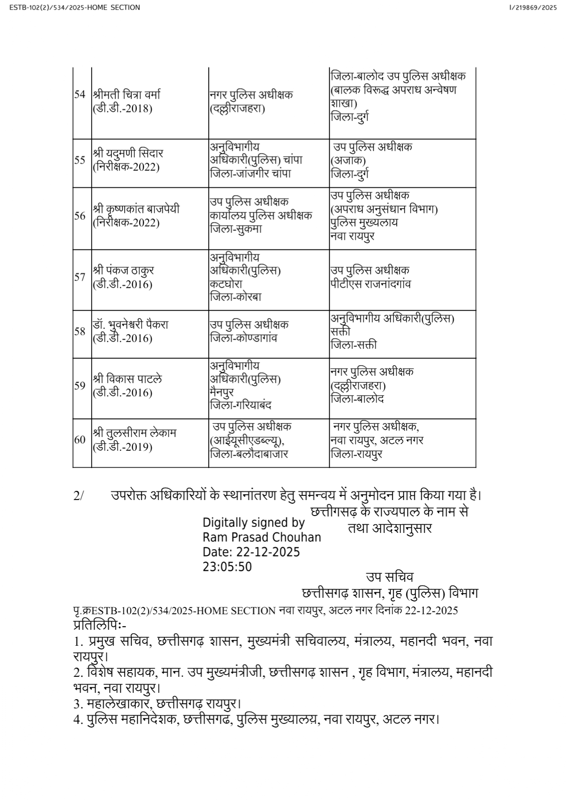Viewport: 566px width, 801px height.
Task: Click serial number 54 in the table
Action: pos(80,95)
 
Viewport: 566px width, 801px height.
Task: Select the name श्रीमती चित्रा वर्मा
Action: pos(126,95)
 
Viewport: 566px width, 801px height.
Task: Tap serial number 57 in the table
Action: pos(80,277)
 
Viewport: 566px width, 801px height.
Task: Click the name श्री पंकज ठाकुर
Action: pos(123,270)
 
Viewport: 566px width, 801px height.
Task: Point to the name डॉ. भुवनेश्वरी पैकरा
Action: pos(131,325)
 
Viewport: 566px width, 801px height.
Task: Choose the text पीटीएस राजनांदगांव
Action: pos(371,284)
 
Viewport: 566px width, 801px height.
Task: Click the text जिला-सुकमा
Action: pos(236,229)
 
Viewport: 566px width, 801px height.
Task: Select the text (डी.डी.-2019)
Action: pos(122,447)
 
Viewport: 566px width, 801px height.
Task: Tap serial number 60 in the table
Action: pos(80,440)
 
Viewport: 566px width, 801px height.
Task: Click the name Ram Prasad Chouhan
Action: pos(262,537)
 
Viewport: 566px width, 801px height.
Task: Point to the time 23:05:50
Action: pos(227,567)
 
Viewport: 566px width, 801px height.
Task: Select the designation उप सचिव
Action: pos(389,577)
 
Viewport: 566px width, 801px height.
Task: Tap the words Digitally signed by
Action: pos(253,522)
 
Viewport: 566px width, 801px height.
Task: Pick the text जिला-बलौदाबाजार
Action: pos(249,454)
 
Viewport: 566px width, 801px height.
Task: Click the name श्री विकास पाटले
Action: pos(127,379)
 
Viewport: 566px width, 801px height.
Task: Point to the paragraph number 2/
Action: pos(79,496)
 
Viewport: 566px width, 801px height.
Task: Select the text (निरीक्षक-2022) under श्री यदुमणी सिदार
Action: pos(126,167)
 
